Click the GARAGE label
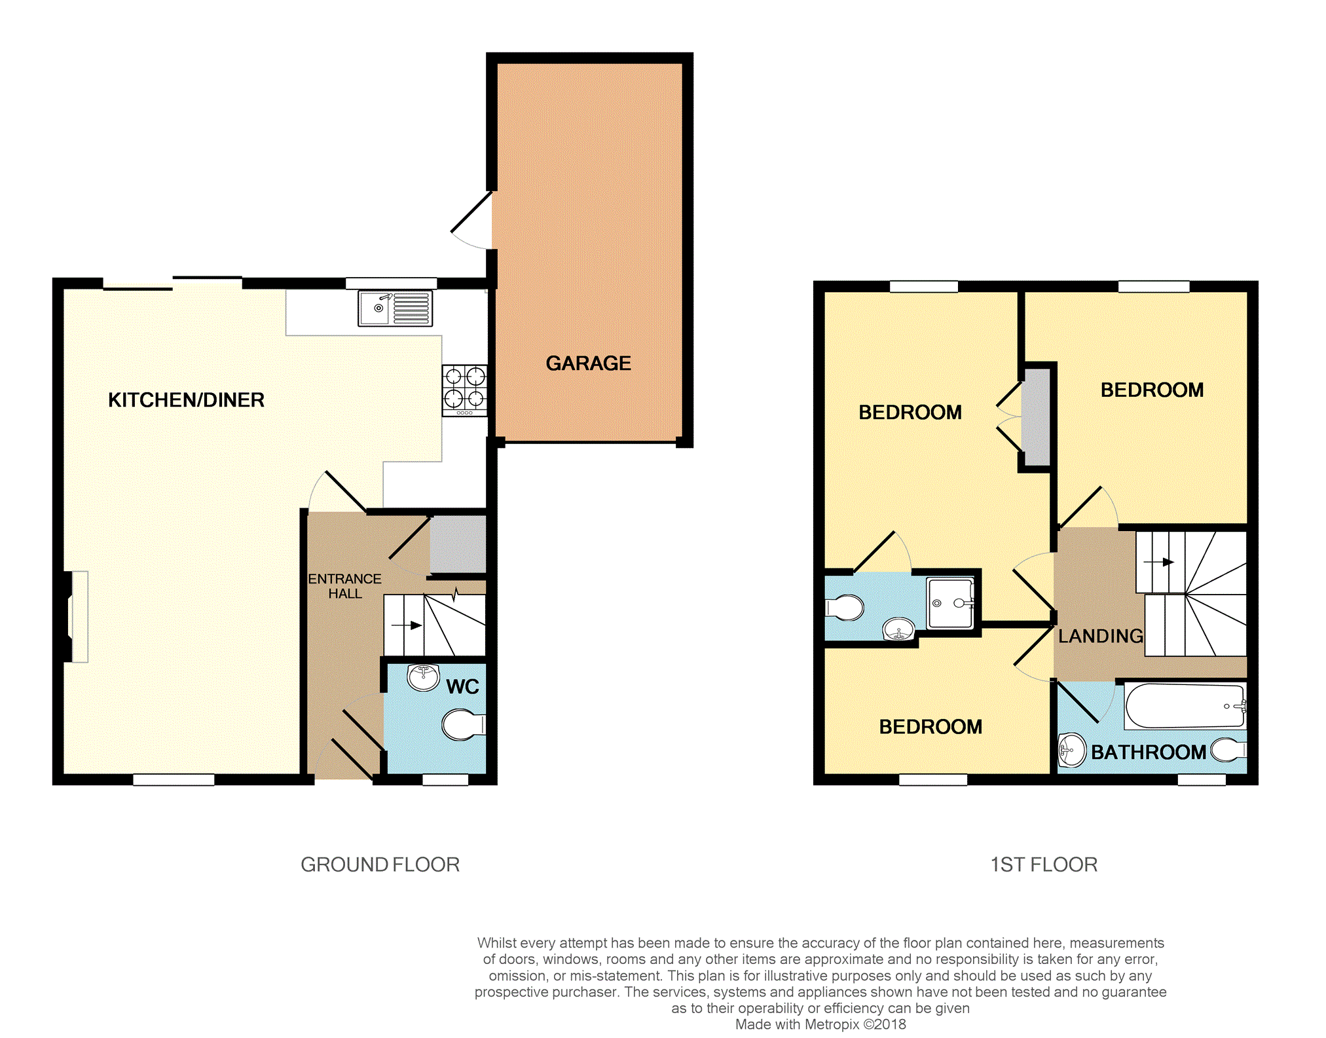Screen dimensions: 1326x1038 click(588, 363)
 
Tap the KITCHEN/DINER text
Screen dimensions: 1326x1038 click(186, 400)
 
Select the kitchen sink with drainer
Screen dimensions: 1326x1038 click(395, 308)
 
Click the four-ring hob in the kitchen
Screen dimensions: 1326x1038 click(464, 390)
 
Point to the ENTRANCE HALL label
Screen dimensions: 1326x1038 click(344, 586)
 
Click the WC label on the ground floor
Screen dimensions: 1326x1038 click(462, 687)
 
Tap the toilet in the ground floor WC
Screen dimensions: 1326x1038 click(464, 725)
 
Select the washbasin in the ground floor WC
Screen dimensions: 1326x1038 click(423, 677)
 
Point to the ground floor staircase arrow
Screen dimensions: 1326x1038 click(407, 625)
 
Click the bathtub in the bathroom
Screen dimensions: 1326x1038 click(1185, 706)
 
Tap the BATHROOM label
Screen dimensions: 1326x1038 click(1149, 752)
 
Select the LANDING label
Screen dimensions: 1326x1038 click(1101, 636)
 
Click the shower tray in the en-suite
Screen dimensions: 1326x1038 click(950, 603)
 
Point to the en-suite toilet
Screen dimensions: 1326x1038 click(844, 608)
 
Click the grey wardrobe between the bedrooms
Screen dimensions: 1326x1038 click(1036, 417)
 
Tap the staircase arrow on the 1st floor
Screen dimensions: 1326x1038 click(1158, 562)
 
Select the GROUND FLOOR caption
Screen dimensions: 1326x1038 click(380, 864)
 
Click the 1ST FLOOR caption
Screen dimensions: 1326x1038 click(1044, 864)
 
